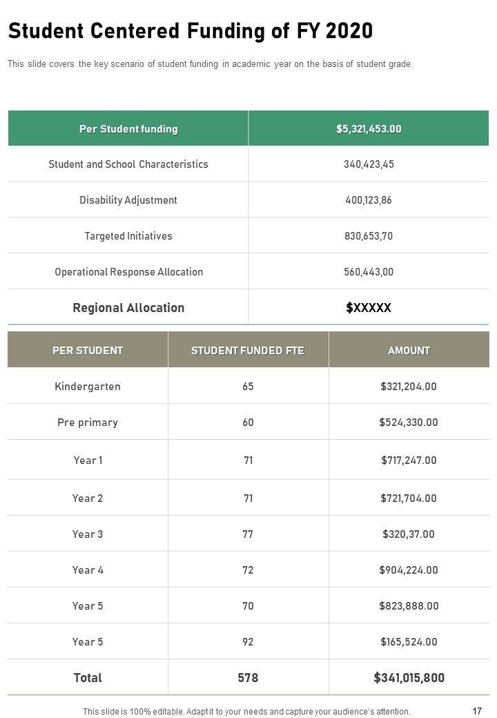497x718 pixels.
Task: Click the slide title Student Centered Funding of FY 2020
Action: [191, 31]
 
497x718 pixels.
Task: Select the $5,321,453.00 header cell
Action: [369, 129]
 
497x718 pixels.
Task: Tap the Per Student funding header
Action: [128, 129]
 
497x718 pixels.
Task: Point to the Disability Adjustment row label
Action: [128, 200]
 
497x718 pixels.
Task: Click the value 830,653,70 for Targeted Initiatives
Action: [369, 236]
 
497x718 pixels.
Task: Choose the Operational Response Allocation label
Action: [128, 272]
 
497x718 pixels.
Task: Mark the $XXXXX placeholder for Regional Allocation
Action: [369, 308]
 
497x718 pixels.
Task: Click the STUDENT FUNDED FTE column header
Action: [248, 351]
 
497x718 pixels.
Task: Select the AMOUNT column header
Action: [409, 351]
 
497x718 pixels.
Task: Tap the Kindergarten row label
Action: [88, 387]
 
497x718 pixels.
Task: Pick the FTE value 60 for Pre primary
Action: [248, 423]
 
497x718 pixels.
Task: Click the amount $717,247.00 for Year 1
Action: [409, 460]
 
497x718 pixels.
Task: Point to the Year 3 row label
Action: [88, 534]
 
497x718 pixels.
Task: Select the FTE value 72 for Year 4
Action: [248, 570]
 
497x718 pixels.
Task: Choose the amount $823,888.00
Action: [409, 606]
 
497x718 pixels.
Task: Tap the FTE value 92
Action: [248, 642]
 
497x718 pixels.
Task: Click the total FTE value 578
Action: [248, 678]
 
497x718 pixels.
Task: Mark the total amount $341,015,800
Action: [409, 678]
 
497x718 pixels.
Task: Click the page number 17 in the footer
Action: [477, 711]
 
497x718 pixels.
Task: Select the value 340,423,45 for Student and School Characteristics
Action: [369, 164]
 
